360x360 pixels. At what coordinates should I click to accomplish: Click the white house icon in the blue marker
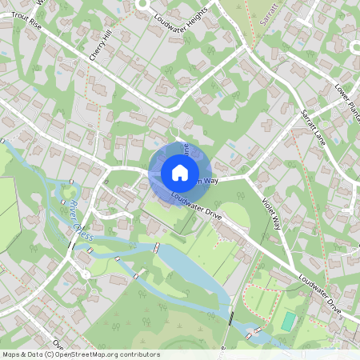coord(179,172)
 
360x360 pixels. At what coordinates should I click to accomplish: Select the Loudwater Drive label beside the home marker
coord(195,206)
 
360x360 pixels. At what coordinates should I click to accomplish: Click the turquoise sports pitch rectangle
coord(288,322)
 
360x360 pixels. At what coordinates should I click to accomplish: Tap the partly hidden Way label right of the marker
coord(211,181)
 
